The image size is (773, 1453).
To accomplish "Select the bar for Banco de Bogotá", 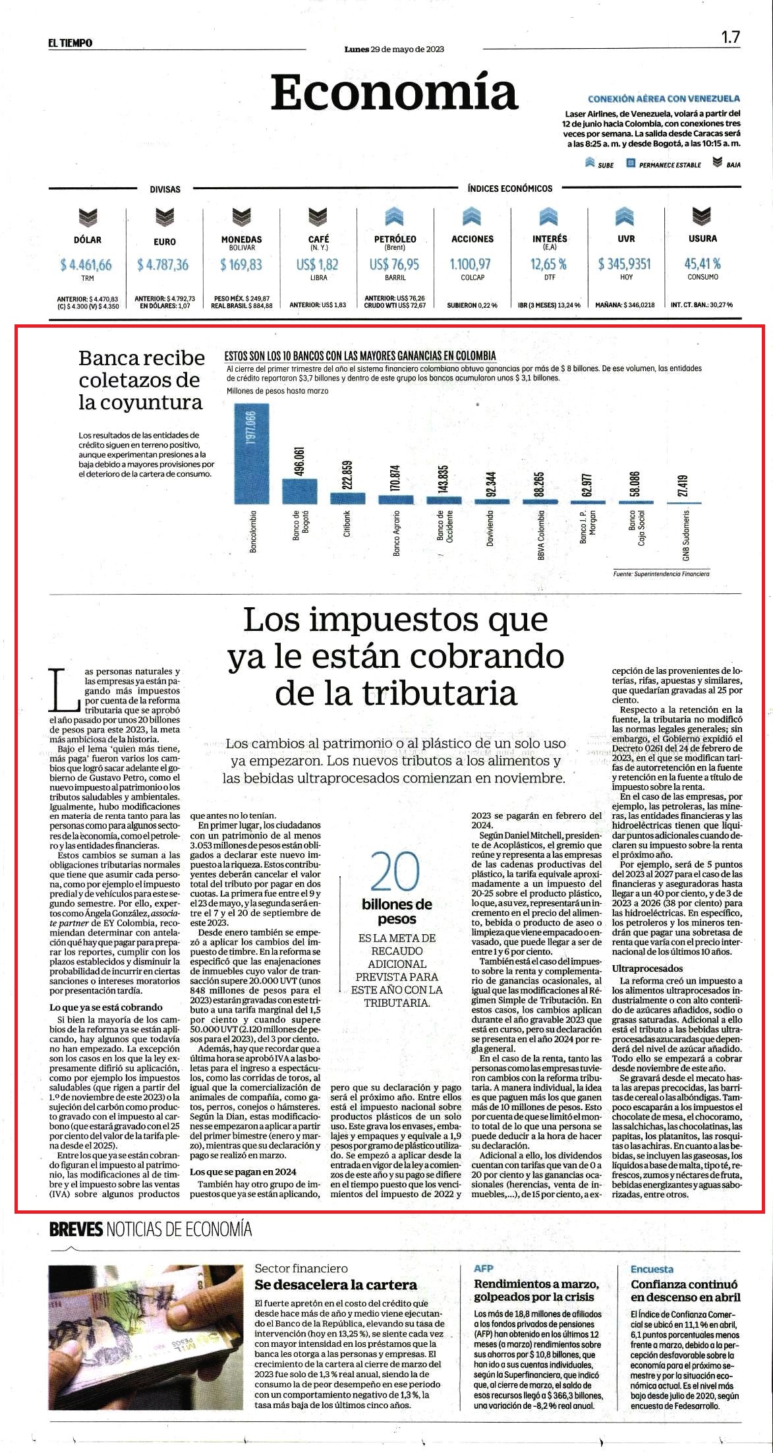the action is [x=300, y=491].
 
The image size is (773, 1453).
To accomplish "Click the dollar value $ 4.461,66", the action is [x=86, y=264].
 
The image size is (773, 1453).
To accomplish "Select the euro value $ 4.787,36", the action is [x=163, y=264].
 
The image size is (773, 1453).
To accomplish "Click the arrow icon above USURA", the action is [x=702, y=216].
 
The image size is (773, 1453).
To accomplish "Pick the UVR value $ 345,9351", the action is [x=624, y=264].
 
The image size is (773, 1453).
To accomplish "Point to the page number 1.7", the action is [x=730, y=37].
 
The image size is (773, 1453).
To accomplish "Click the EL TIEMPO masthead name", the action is [x=70, y=43].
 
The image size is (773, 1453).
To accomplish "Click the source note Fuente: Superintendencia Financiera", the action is [x=661, y=574].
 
